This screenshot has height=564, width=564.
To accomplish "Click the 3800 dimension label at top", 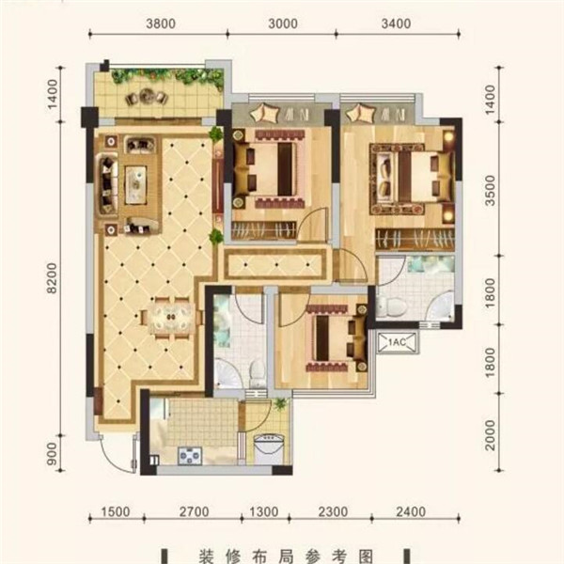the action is pos(161,23).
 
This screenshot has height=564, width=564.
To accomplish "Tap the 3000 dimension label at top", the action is pos(283,23).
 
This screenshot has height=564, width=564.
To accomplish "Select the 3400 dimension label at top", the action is pos(396,23).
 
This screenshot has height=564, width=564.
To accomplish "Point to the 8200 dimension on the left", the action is pos(52,278).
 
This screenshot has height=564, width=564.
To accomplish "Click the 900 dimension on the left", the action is pos(52,453).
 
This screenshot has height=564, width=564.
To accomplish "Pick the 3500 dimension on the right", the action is pos(491,190).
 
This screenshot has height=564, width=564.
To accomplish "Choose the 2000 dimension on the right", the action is pos(491,435).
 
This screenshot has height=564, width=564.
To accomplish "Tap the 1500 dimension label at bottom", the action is pos(116,511).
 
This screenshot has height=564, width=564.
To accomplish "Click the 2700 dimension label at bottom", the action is pos(195,511).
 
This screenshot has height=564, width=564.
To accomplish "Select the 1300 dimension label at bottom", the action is pos(263,511).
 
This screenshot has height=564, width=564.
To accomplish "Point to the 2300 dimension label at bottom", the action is pos(333,511).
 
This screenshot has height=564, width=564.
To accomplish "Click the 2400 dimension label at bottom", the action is pos(411,511).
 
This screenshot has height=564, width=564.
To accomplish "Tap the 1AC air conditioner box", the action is pos(398,342).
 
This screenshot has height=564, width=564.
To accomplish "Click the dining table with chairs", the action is pos(172,318).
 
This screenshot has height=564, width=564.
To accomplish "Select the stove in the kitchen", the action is pos(190,456).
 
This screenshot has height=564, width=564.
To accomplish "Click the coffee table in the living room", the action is pos(135,184).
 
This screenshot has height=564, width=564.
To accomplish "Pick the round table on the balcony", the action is pos(147,96).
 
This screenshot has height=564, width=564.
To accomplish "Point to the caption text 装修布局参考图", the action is pos(286,556).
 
